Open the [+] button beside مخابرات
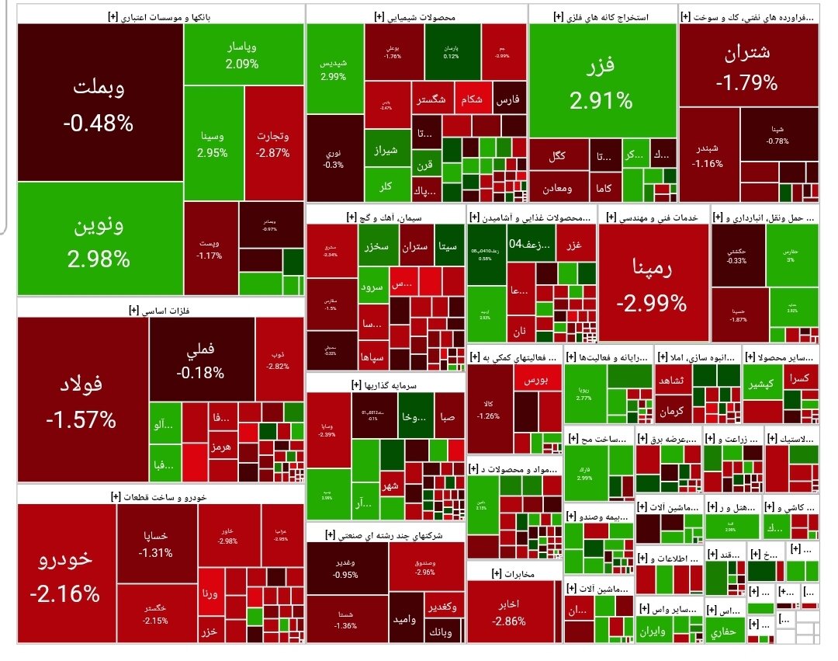tap(497, 573)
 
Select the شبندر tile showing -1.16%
tap(708, 155)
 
